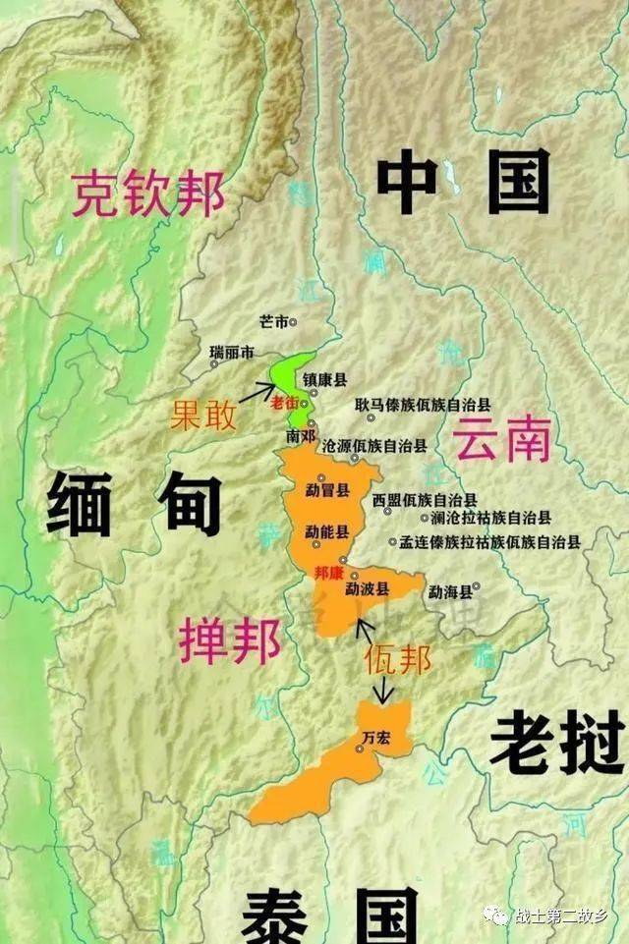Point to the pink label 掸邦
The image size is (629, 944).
tap(230, 641)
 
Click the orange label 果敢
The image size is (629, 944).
tap(203, 416)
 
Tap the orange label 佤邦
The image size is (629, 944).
tap(397, 659)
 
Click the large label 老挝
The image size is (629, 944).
tap(557, 743)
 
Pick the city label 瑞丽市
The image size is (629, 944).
tap(232, 352)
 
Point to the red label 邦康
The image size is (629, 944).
tap(328, 572)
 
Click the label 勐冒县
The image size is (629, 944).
tap(327, 489)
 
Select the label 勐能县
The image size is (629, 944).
tap(327, 531)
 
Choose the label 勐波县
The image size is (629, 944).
tap(368, 589)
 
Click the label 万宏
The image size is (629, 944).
tap(376, 737)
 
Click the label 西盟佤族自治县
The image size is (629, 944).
tap(425, 499)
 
